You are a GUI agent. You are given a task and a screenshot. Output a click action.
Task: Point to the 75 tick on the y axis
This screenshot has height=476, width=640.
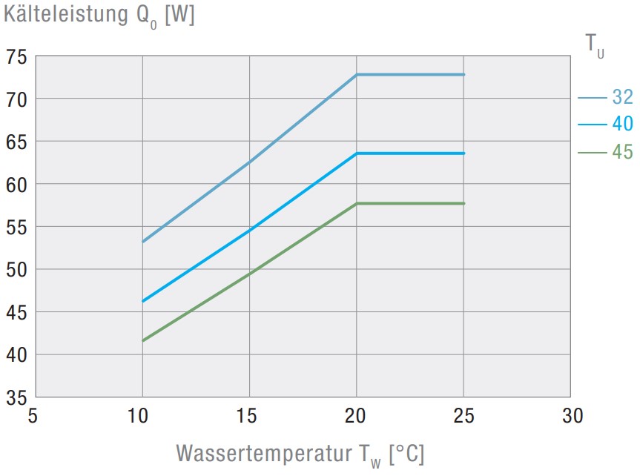(16, 56)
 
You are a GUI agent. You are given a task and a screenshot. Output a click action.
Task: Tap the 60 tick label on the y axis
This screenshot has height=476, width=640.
(16, 184)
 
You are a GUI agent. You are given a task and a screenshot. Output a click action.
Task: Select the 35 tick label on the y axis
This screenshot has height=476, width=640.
(16, 397)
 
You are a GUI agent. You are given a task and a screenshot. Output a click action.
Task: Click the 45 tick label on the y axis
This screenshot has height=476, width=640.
(16, 312)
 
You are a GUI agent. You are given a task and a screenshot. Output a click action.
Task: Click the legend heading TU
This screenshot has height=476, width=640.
(593, 44)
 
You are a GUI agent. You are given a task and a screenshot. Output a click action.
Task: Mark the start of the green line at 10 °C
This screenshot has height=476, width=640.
(142, 340)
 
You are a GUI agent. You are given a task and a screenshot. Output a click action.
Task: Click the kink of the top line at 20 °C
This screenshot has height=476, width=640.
(357, 75)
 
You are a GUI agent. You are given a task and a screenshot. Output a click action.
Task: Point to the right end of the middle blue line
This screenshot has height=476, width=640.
(463, 153)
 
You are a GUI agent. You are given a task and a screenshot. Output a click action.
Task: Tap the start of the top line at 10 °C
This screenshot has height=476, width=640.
(142, 242)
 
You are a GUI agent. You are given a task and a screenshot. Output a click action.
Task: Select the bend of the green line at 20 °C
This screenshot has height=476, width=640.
(357, 203)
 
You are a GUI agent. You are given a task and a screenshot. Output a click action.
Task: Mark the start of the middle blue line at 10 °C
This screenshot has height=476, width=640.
(142, 301)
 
